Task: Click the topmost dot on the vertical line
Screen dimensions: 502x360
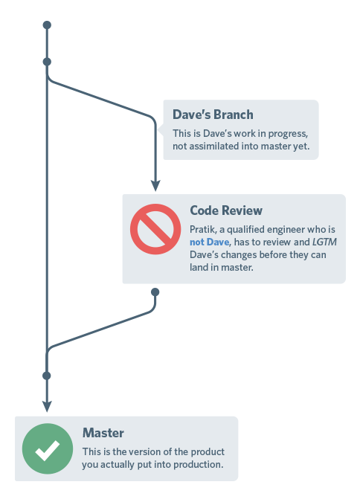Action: click(47, 25)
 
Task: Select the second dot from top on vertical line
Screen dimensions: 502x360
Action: click(47, 62)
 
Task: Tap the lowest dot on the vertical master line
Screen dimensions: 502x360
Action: click(47, 376)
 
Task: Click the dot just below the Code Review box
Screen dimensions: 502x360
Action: click(155, 292)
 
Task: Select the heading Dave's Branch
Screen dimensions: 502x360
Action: click(213, 115)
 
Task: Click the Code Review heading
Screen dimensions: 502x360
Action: click(226, 211)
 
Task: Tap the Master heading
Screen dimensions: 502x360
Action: click(103, 433)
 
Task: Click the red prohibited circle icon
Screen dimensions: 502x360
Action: click(156, 229)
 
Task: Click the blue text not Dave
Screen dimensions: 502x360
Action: click(208, 242)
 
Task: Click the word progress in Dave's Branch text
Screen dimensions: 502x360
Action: click(286, 133)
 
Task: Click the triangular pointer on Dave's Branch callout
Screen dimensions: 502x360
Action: click(161, 129)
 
